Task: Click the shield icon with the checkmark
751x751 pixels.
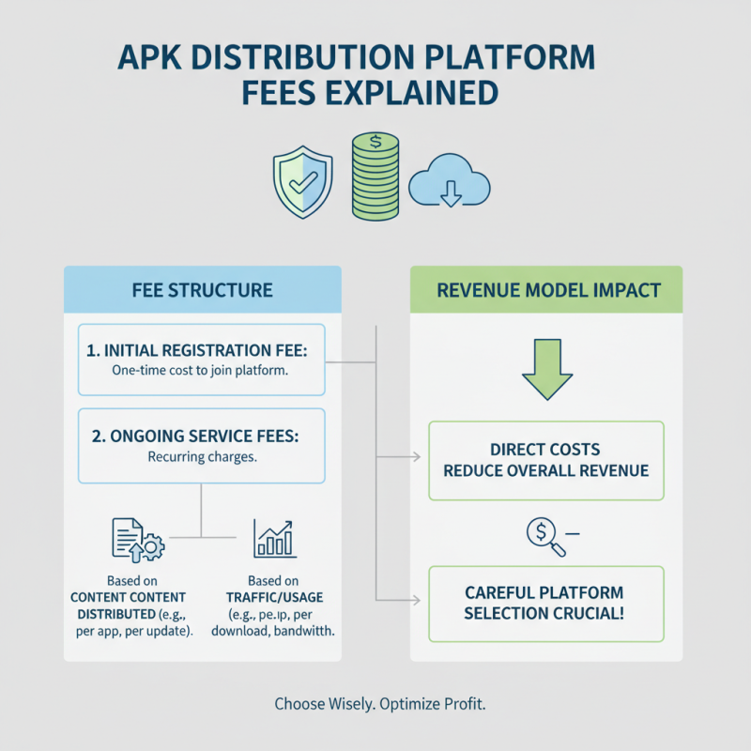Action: click(302, 182)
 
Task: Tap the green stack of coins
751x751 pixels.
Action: click(375, 176)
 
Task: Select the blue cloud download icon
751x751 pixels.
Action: click(450, 180)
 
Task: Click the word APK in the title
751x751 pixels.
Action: click(149, 57)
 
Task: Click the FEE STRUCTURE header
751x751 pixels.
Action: click(203, 290)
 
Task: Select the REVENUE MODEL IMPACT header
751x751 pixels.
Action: click(546, 290)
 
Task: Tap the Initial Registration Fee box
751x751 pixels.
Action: click(202, 360)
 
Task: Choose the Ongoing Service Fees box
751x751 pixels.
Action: click(202, 446)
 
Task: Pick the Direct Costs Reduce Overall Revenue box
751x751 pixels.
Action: click(546, 461)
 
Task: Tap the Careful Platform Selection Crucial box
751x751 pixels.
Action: click(546, 604)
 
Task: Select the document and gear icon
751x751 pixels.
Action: click(138, 540)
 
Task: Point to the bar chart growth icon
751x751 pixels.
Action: click(274, 539)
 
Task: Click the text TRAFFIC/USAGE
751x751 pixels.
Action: click(274, 597)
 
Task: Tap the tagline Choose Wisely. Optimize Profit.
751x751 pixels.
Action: click(380, 703)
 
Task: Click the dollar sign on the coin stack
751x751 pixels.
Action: click(375, 142)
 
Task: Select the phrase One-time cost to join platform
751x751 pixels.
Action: click(200, 370)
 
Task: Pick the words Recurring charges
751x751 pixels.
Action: click(202, 457)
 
